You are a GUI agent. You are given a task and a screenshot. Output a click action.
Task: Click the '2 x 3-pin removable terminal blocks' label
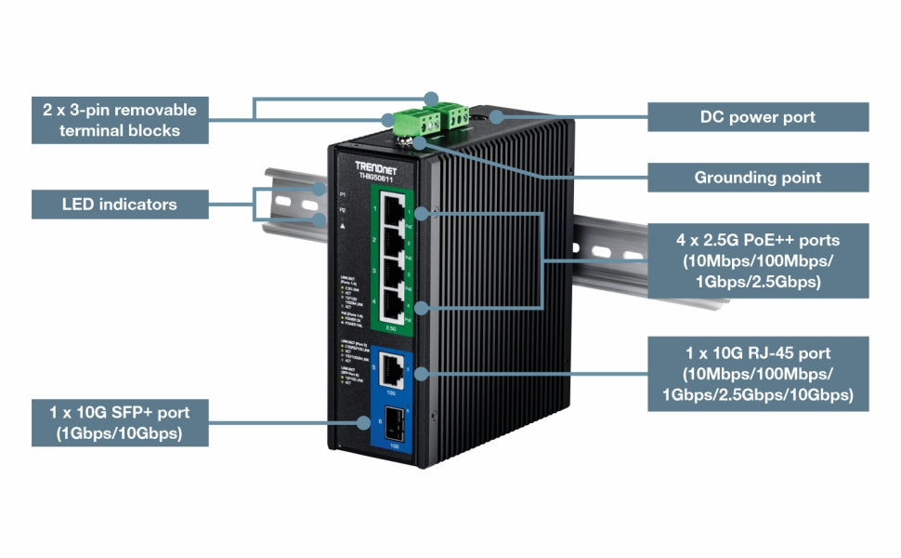[120, 120]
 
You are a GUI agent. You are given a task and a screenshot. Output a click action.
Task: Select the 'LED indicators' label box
[120, 204]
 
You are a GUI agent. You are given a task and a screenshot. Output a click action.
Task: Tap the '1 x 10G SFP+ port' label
[120, 422]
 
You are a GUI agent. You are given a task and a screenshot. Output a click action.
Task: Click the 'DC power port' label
[757, 117]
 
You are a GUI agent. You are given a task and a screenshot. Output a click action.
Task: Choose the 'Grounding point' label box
[757, 177]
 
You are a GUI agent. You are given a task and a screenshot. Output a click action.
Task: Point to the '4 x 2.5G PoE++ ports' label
[757, 260]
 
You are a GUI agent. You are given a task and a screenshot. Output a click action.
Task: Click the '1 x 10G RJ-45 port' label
[757, 374]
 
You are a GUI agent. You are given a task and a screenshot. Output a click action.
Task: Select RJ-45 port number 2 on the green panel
[396, 244]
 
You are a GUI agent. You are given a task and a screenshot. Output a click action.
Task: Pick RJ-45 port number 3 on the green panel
[396, 276]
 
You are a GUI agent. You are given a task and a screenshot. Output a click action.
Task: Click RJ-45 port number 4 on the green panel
[396, 308]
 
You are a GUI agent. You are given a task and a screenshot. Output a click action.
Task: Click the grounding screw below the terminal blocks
[406, 141]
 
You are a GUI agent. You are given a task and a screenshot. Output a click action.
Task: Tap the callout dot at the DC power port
[497, 117]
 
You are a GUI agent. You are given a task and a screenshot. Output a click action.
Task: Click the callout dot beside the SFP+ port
[363, 422]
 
